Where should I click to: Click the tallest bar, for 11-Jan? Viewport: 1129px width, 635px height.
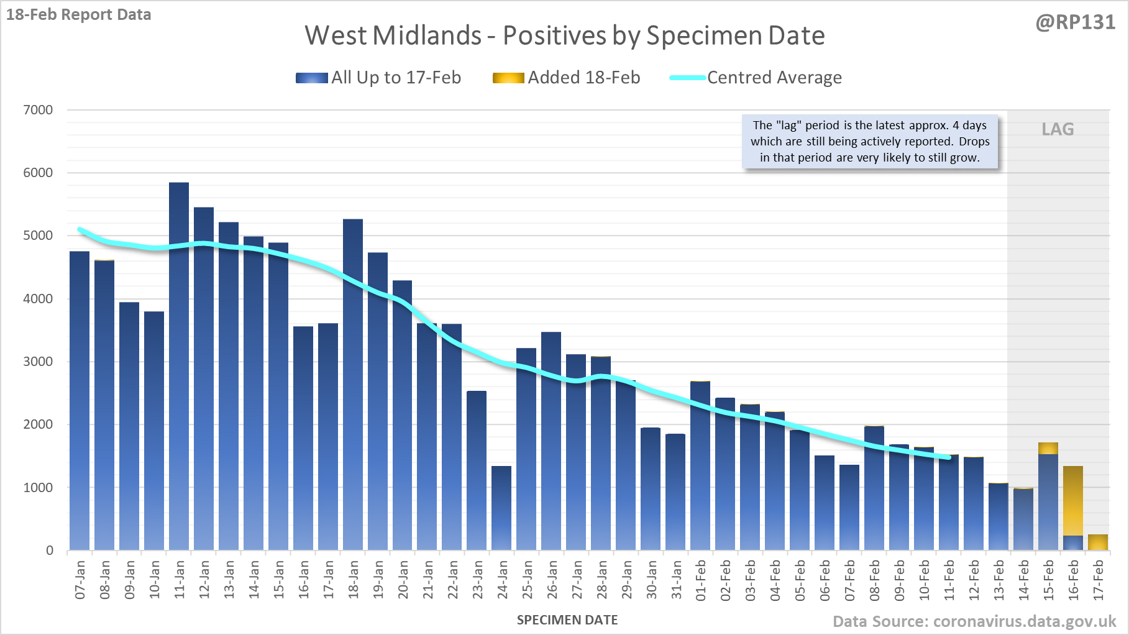[x=179, y=366]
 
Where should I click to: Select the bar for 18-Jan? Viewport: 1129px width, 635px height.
[x=353, y=385]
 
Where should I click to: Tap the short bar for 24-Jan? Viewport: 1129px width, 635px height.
[x=501, y=508]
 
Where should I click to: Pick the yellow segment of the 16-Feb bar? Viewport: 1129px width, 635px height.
[x=1073, y=501]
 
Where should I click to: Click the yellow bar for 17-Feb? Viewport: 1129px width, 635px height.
[x=1098, y=542]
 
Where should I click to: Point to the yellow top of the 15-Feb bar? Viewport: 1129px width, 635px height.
[x=1048, y=449]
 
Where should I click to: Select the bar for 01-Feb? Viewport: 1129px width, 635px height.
[x=700, y=466]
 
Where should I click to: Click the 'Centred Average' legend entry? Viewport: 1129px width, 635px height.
[x=756, y=78]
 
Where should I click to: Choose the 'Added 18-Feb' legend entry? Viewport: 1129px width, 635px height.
[x=566, y=78]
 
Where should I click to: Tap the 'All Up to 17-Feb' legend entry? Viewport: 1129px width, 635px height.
[x=378, y=78]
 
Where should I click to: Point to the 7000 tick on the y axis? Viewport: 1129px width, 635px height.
[x=38, y=110]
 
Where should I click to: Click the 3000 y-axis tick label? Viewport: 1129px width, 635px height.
[x=38, y=362]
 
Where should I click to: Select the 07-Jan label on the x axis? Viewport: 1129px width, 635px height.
[x=80, y=580]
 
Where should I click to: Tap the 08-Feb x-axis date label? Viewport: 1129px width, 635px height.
[x=875, y=580]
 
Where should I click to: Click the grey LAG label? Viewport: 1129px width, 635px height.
[x=1058, y=129]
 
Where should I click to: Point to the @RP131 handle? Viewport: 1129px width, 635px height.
[x=1076, y=22]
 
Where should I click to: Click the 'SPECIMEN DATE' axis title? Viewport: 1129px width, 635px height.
[x=567, y=620]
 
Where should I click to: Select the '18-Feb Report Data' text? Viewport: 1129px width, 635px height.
[x=79, y=14]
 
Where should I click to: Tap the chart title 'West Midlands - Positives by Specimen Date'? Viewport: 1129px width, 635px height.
[x=565, y=35]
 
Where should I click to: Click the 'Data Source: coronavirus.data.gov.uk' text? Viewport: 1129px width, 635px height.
[x=974, y=621]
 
